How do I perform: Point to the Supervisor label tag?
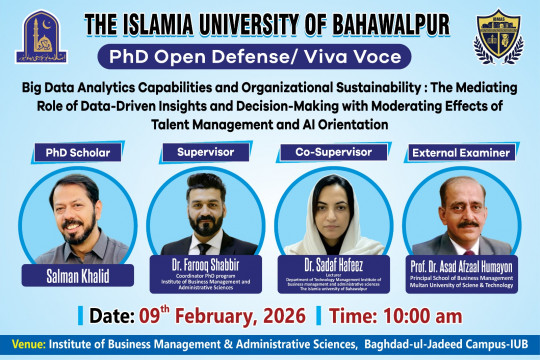205,152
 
